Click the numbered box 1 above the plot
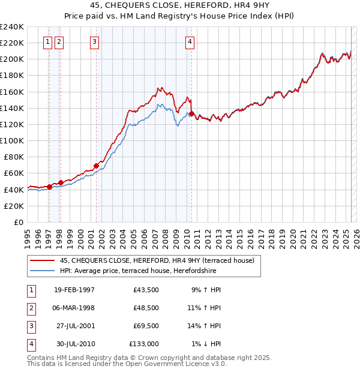coord(47,41)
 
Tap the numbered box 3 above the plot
coord(95,41)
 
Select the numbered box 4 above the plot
coord(190,41)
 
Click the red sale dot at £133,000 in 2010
coord(191,113)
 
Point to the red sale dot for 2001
coord(96,165)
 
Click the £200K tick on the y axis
coord(13,59)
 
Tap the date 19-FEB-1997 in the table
coord(74,289)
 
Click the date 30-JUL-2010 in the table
coord(74,344)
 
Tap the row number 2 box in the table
coord(30,308)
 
